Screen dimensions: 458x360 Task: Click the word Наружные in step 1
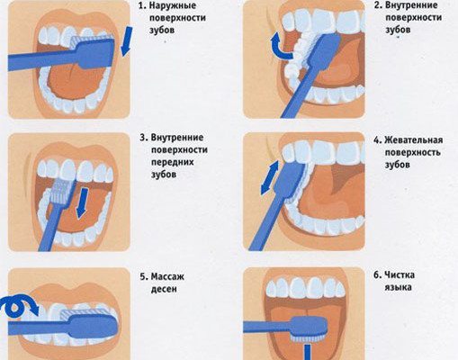173,5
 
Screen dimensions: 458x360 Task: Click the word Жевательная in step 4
414,140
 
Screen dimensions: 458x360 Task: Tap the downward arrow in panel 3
82,203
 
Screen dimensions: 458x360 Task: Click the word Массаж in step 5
167,276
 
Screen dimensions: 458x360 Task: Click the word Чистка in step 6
400,274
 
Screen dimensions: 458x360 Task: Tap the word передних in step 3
173,162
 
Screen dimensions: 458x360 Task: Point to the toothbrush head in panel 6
309,328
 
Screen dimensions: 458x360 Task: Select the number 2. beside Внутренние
378,5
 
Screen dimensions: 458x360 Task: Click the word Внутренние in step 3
177,138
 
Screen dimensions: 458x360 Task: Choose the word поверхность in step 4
413,152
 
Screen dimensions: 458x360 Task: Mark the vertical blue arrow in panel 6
307,352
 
